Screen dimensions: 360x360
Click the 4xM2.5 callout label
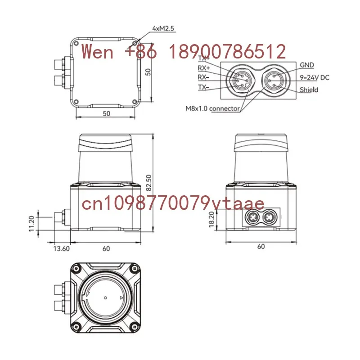pyautogui.click(x=163, y=28)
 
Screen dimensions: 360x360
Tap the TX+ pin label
pyautogui.click(x=204, y=58)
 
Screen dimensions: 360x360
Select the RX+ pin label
pyautogui.click(x=204, y=68)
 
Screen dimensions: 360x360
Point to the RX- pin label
pyautogui.click(x=203, y=77)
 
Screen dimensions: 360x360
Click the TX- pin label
pyautogui.click(x=203, y=87)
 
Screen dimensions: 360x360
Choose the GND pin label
pyautogui.click(x=307, y=65)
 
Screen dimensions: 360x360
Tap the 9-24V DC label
pyautogui.click(x=315, y=77)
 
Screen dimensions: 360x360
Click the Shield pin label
pyautogui.click(x=309, y=90)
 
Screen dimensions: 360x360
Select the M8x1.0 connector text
pyautogui.click(x=212, y=108)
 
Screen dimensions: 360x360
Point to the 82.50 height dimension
pyautogui.click(x=149, y=183)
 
